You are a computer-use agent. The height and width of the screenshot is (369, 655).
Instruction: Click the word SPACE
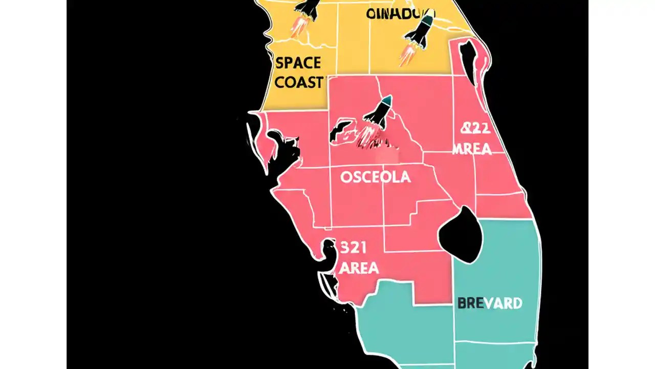(x=298, y=64)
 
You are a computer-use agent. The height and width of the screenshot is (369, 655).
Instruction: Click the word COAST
(x=299, y=82)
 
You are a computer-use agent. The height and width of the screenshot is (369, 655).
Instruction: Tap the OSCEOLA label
(x=375, y=177)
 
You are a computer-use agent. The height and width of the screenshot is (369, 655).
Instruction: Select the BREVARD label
(x=490, y=303)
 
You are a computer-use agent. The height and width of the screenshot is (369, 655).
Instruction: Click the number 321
(x=353, y=248)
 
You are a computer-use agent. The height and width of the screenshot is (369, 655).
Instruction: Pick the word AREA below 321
(x=359, y=268)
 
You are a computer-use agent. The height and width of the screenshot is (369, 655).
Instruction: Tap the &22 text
(x=475, y=128)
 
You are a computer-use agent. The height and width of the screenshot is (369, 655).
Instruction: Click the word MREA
(x=472, y=149)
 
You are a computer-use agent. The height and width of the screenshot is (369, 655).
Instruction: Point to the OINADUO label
(x=401, y=13)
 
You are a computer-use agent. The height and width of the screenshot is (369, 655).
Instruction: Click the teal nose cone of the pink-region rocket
(x=387, y=99)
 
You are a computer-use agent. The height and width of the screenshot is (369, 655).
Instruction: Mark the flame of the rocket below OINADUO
(x=407, y=54)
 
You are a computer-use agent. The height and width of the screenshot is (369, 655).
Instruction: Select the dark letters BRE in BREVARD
(x=470, y=303)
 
